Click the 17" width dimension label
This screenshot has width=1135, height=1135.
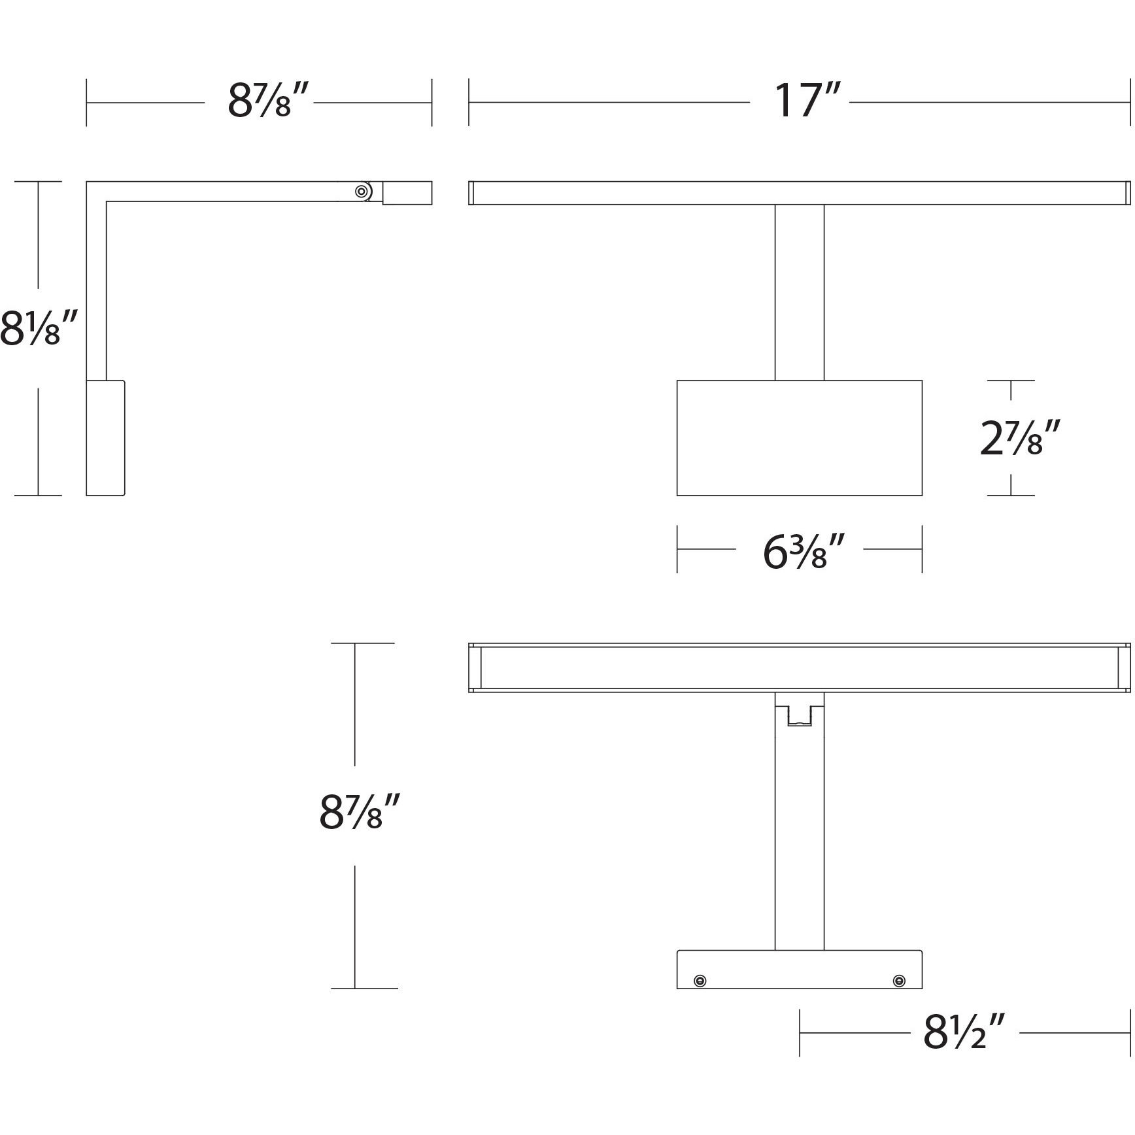click(799, 101)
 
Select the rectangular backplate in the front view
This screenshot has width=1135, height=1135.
click(799, 438)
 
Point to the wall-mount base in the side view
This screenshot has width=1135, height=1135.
click(105, 438)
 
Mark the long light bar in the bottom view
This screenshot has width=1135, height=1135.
click(799, 667)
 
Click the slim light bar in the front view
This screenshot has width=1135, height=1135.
click(799, 193)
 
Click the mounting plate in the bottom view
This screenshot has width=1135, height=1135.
click(799, 970)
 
